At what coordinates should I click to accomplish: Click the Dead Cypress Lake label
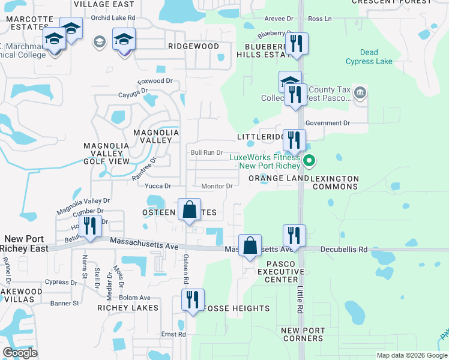coord(369,56)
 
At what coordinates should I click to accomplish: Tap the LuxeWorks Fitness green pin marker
coord(309,160)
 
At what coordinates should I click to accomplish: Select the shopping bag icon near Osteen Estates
coord(189,211)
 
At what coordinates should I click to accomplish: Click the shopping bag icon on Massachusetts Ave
coord(250,245)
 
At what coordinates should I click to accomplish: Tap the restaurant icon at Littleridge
coord(294,140)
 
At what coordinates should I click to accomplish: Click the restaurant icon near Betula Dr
coord(90,226)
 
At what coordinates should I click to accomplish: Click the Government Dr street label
coord(327,123)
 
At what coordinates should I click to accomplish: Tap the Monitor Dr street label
coord(217,187)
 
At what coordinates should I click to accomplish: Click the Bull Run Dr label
coord(206,153)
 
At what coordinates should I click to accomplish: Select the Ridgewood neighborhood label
coord(193,46)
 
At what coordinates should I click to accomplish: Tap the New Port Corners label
coord(303,335)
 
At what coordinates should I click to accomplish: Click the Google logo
coord(20,353)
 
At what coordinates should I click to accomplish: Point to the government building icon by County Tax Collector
coord(360,92)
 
